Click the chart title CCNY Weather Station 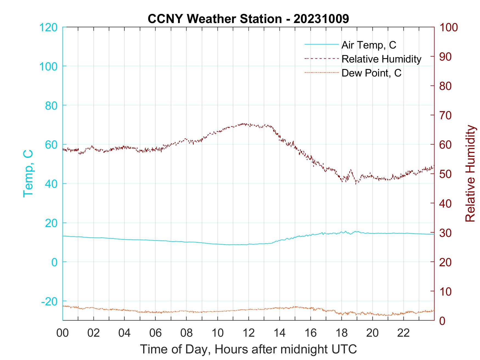pos(248,19)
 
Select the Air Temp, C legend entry pos(369,45)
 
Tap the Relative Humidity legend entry pos(381,59)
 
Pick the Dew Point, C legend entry pos(371,73)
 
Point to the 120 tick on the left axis pos(48,27)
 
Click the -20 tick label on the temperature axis pos(49,301)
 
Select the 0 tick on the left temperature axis pos(54,262)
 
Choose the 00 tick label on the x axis pos(63,333)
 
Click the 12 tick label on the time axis pos(249,333)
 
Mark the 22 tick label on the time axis pos(403,333)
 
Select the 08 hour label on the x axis pos(187,333)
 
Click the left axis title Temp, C pos(28,173)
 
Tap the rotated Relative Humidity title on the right pos(470,173)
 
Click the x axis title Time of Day pos(248,349)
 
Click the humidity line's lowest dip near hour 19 pos(356,184)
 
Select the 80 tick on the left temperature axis pos(51,105)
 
